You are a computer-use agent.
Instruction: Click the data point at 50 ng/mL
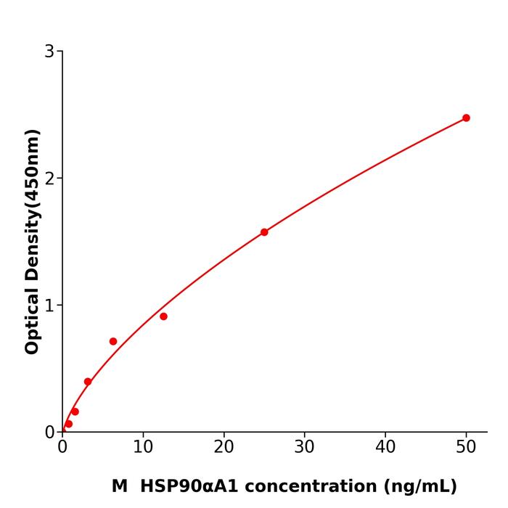[x=466, y=118]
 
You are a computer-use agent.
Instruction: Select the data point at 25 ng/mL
[x=264, y=232]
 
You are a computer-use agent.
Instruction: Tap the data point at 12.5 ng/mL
[x=163, y=316]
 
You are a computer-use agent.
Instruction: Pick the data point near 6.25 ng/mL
[x=113, y=341]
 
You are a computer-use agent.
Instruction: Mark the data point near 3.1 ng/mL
[x=88, y=382]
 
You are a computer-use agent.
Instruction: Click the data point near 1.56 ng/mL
[x=75, y=411]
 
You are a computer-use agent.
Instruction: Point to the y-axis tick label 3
[x=49, y=52]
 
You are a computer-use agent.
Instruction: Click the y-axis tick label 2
[x=49, y=179]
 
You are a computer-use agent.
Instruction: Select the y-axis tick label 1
[x=49, y=306]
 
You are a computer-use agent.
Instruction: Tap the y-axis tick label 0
[x=49, y=433]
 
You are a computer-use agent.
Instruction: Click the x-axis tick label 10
[x=143, y=448]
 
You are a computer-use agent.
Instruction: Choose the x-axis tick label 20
[x=224, y=448]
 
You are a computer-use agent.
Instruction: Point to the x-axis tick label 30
[x=305, y=448]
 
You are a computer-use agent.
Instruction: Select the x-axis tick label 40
[x=385, y=448]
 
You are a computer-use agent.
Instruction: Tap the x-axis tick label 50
[x=466, y=448]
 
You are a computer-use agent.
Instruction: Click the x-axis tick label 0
[x=62, y=448]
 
